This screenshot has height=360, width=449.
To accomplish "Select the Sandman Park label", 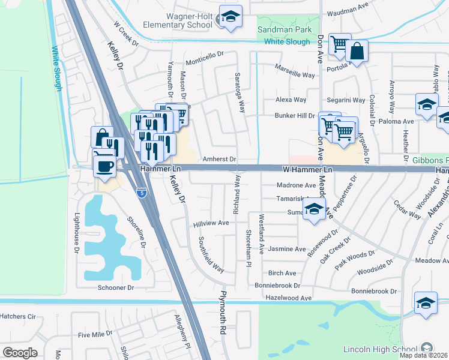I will click(282, 29).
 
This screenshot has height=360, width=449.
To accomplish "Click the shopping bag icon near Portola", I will click(357, 52).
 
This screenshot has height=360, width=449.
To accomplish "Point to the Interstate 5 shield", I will click(140, 193).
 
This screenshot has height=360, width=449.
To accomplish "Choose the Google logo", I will click(20, 353).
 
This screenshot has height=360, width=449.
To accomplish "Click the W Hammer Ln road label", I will click(307, 170).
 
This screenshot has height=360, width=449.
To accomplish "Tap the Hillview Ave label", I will click(211, 223).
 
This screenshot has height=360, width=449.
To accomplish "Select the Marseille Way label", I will click(295, 75).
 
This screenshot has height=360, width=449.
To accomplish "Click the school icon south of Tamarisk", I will click(314, 211).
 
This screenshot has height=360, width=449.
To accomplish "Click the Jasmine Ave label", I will click(287, 249).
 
